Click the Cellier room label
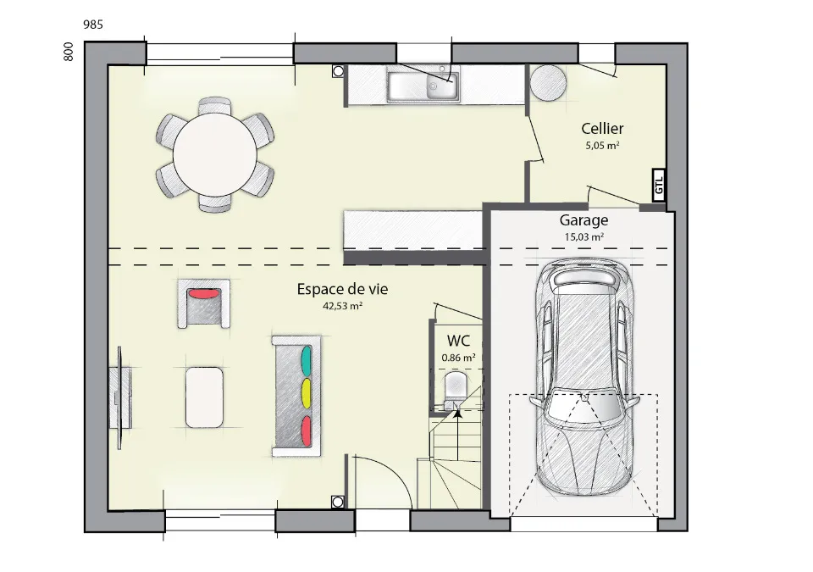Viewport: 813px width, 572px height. [602, 128]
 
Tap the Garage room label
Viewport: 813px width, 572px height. [583, 220]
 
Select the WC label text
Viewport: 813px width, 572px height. [458, 341]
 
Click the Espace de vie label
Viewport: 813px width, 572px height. [342, 289]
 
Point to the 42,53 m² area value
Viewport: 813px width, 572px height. [342, 306]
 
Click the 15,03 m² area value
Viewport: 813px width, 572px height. [583, 236]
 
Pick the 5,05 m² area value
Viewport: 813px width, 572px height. [602, 146]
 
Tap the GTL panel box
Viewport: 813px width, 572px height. [659, 186]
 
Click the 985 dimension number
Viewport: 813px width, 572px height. [93, 25]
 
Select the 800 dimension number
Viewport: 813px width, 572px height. [69, 52]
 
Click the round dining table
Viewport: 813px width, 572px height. [214, 155]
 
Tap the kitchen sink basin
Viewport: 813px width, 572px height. [423, 86]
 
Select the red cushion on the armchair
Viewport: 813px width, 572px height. [203, 294]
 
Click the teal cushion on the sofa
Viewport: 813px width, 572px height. [307, 361]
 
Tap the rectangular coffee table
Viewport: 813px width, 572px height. [204, 397]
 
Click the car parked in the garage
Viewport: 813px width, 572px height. [584, 377]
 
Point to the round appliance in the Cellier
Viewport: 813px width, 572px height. [548, 82]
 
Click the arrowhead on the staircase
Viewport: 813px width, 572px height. [458, 414]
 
